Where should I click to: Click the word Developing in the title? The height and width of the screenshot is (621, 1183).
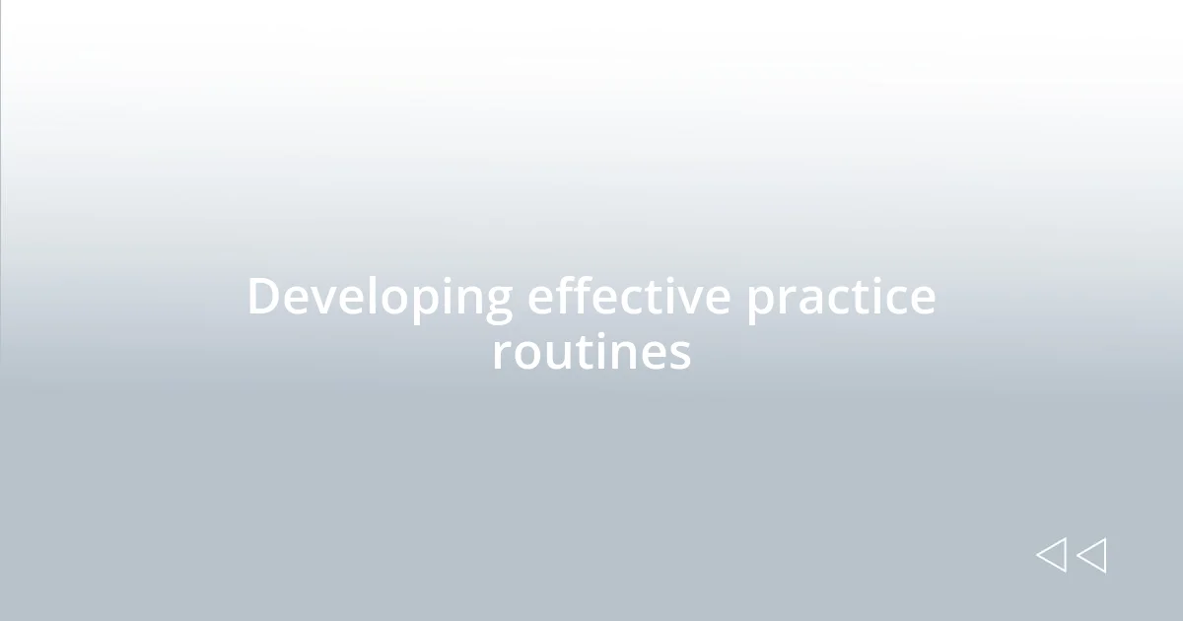click(x=380, y=297)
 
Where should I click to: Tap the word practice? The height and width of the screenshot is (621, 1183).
click(x=840, y=297)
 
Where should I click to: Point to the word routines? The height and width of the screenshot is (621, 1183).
click(x=591, y=352)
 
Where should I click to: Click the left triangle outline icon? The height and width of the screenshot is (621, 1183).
click(x=1051, y=555)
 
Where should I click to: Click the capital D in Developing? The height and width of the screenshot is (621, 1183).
click(x=263, y=297)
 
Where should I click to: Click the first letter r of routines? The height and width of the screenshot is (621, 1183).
click(x=500, y=356)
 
